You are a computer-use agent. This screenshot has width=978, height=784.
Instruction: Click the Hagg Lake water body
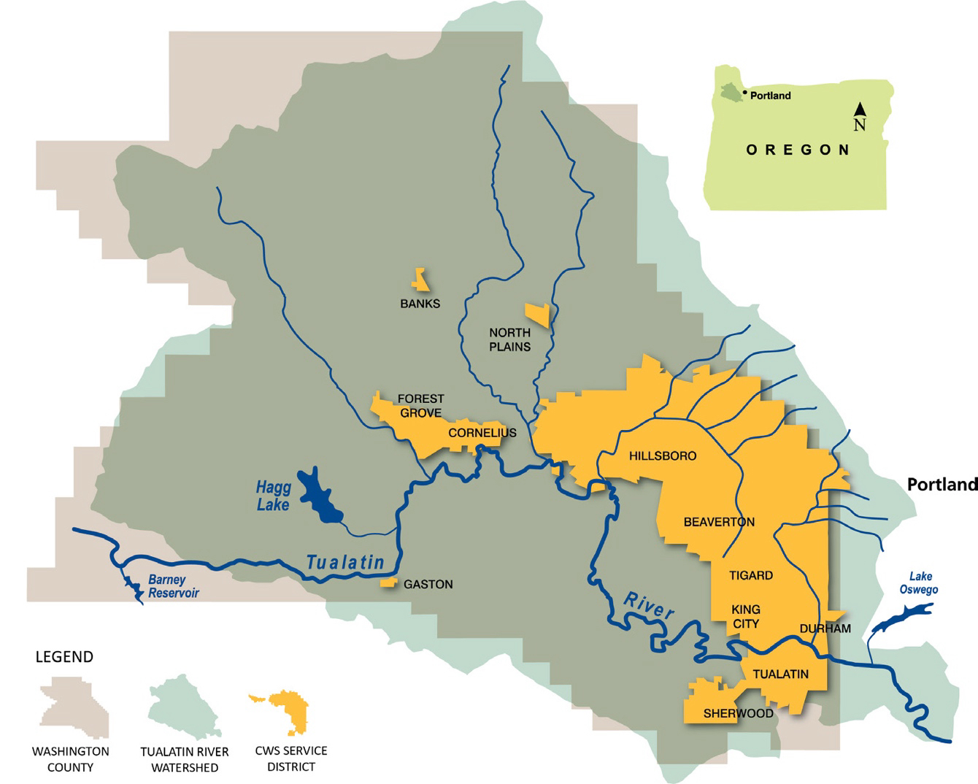319,495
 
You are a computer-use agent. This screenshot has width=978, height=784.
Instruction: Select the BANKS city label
420,304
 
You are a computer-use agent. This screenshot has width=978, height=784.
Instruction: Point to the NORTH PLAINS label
509,339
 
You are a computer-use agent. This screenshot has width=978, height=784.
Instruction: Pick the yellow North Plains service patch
539,315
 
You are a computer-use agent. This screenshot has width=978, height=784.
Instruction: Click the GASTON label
428,584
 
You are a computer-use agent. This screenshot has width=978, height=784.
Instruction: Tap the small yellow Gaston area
388,583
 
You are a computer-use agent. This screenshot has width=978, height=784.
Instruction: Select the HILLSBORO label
662,456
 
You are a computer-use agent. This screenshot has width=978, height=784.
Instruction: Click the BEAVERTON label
719,522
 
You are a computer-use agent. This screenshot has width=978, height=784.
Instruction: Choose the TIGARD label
750,575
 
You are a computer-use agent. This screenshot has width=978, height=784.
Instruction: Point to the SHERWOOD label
738,713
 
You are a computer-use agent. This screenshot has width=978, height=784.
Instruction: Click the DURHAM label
825,629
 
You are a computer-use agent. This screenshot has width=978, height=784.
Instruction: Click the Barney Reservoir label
173,587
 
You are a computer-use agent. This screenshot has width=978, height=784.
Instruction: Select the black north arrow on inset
860,109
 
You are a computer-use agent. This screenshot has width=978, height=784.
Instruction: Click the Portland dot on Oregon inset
744,93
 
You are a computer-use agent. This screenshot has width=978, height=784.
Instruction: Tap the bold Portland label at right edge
942,484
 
